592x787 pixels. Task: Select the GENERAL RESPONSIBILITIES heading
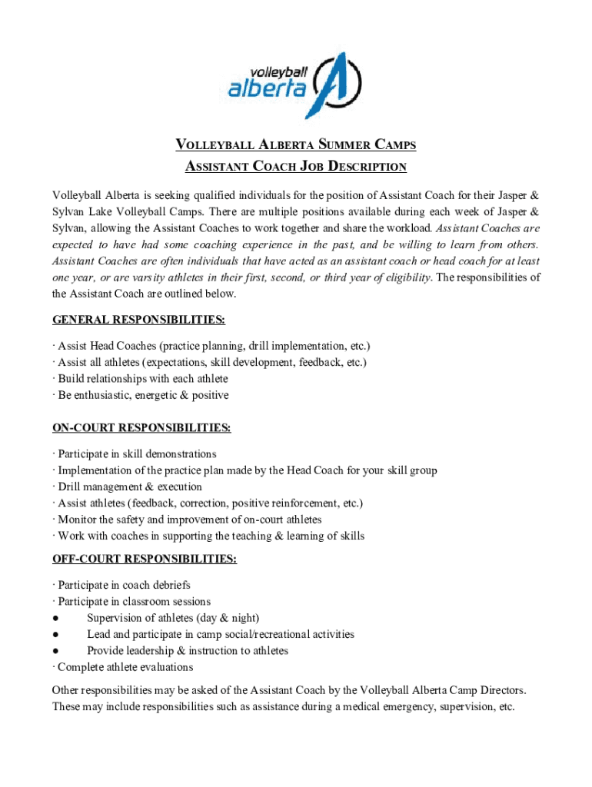[138, 320]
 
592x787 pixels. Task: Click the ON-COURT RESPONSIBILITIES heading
[141, 427]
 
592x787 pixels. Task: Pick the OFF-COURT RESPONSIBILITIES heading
[145, 559]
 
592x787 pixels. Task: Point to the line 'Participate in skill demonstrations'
[137, 454]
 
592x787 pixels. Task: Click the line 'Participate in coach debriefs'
[124, 586]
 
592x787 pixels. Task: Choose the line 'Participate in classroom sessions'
[134, 602]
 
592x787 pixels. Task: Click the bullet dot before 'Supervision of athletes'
[56, 619]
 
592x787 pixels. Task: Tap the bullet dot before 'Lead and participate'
[56, 635]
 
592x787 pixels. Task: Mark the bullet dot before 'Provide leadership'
[56, 651]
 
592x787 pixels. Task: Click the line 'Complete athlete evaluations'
[125, 667]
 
